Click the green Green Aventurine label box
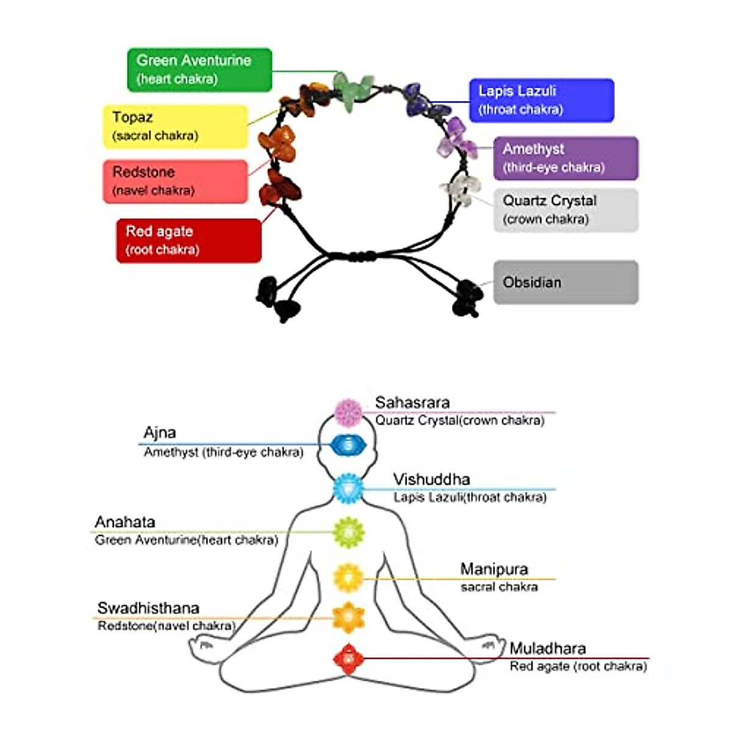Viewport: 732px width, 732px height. (199, 70)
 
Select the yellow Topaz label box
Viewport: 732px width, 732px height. (176, 126)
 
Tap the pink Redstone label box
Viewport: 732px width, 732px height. (176, 181)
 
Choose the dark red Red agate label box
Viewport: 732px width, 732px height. (189, 240)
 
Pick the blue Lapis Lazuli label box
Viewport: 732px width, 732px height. (541, 100)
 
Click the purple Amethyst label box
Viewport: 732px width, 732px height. (565, 158)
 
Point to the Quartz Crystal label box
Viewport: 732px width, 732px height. (565, 210)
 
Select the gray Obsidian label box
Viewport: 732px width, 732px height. (565, 282)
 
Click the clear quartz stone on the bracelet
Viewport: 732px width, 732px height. (461, 190)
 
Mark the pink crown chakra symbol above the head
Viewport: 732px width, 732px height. (349, 413)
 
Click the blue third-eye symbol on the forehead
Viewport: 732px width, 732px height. (348, 445)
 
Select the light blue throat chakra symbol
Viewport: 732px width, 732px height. (348, 489)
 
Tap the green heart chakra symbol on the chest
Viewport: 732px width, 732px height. (348, 532)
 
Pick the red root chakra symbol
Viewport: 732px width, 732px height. (348, 659)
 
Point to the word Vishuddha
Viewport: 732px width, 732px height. (431, 479)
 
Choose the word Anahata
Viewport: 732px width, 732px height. (125, 522)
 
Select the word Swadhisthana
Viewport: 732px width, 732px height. (148, 608)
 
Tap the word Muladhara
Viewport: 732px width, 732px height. (548, 648)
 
